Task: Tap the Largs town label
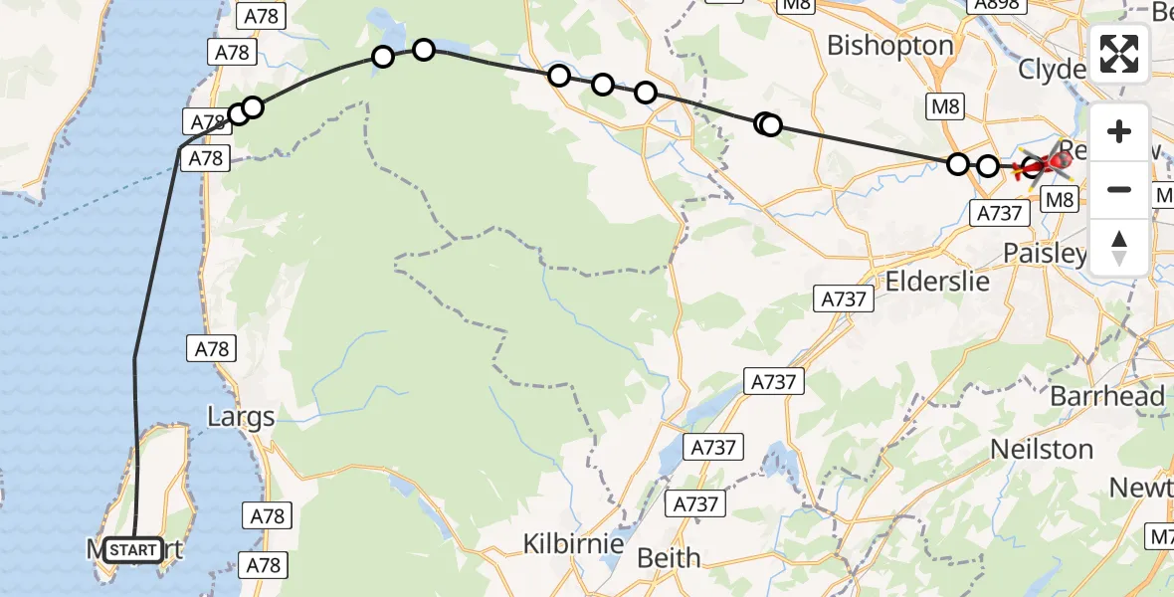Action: click(240, 416)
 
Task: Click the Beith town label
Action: click(669, 557)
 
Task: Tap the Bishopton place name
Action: click(889, 46)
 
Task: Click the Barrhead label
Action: click(1107, 396)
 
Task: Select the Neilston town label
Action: click(1042, 449)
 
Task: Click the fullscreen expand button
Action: click(1119, 54)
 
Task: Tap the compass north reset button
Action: click(1119, 247)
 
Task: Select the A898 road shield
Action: click(995, 7)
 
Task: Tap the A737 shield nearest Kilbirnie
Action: click(695, 504)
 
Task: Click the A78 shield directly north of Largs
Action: click(212, 349)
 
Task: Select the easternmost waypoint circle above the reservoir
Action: click(424, 50)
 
